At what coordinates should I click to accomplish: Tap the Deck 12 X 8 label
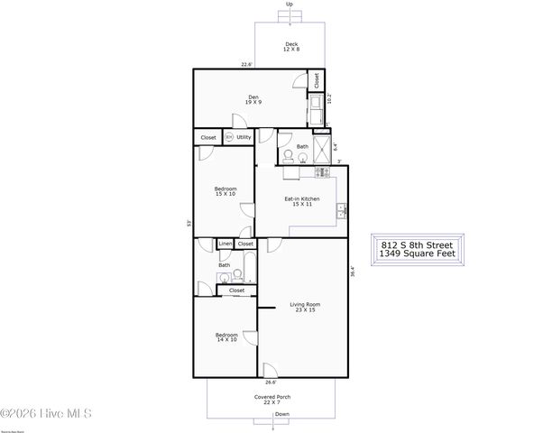(291, 47)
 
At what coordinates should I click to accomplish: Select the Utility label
(244, 137)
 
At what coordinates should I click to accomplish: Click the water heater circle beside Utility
(228, 137)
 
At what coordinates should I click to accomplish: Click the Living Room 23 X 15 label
(305, 308)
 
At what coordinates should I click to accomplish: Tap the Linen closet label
(225, 244)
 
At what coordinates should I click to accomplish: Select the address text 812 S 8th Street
(417, 244)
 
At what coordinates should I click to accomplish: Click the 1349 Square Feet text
(417, 254)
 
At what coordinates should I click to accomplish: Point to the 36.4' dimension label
(353, 271)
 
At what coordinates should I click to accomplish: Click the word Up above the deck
(290, 5)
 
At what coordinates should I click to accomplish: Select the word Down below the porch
(282, 414)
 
